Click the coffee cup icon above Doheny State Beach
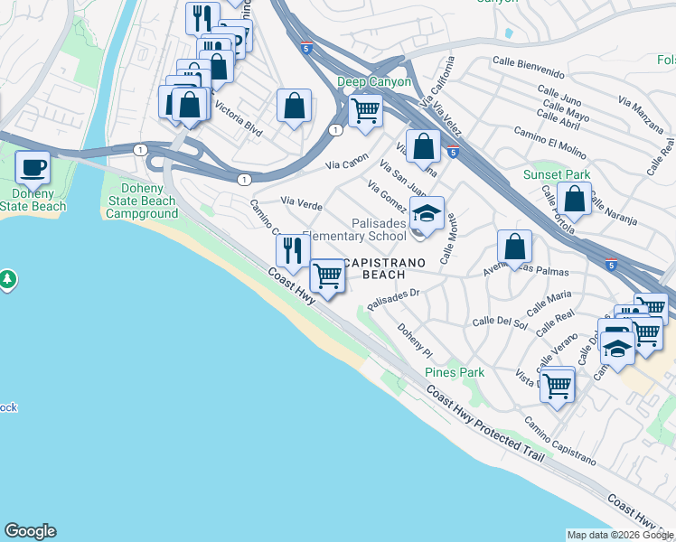click(33, 167)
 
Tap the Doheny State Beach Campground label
click(141, 201)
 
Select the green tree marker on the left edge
click(8, 279)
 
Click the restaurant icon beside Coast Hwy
click(292, 250)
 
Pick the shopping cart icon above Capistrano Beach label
click(327, 276)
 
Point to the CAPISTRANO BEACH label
click(379, 268)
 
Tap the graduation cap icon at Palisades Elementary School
click(427, 213)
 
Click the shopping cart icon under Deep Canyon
click(365, 110)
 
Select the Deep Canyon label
click(374, 81)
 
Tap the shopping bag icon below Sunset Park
click(574, 197)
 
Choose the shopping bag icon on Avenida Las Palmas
click(514, 246)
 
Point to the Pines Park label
click(455, 372)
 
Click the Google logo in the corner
click(30, 531)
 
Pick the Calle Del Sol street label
click(500, 322)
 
